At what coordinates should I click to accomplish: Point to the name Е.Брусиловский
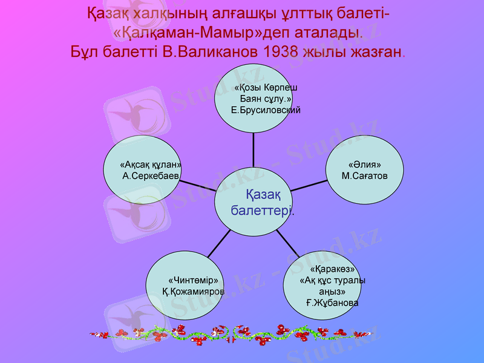tap(266, 111)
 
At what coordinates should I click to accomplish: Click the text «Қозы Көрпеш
tap(266, 88)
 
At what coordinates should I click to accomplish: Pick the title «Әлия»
tap(364, 165)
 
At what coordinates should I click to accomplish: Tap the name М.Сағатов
tap(364, 175)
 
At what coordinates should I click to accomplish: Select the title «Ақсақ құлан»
tap(151, 165)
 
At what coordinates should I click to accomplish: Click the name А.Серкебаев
tap(151, 176)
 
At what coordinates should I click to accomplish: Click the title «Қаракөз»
tap(332, 269)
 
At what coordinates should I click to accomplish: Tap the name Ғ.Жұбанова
tap(332, 302)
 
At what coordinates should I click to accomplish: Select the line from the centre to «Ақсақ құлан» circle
tap(197, 184)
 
